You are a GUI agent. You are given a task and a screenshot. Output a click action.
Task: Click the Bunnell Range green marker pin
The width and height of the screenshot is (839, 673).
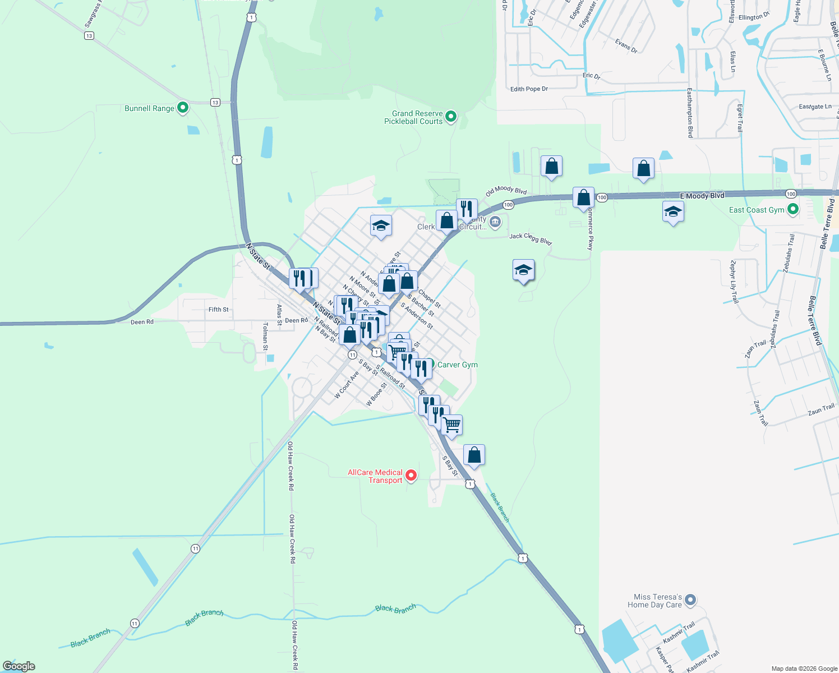[x=182, y=108]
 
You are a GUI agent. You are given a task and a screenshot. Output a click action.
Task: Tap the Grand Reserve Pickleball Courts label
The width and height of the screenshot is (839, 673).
[x=413, y=117]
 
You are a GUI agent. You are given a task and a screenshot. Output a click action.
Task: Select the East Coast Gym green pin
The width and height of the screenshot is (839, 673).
[x=792, y=210]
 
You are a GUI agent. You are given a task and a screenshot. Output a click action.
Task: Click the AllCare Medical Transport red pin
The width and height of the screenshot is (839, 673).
[x=411, y=476]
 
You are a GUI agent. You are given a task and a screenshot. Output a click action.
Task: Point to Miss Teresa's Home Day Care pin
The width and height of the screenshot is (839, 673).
[x=690, y=600]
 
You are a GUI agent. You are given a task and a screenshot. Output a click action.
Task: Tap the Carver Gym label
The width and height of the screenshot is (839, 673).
[x=457, y=365]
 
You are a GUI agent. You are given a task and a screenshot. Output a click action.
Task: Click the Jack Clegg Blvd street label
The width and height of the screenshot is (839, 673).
[x=531, y=238]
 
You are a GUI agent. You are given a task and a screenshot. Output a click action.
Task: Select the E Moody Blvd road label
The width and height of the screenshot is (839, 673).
[x=702, y=196]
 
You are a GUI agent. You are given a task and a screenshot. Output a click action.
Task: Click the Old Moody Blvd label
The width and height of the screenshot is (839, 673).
[x=506, y=191]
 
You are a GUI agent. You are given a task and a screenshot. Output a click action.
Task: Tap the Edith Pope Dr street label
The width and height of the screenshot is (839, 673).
[x=529, y=89]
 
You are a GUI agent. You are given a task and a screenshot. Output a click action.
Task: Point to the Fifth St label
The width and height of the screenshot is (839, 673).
[x=218, y=310]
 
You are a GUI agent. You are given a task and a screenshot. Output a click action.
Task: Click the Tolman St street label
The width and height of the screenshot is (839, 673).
[x=265, y=336]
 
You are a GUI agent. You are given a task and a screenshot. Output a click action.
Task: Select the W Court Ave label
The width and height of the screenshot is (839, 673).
[x=346, y=385]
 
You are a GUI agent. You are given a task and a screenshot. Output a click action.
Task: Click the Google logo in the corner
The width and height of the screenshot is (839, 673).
[x=19, y=666]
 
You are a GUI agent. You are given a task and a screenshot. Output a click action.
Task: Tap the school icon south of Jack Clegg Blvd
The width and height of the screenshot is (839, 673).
[x=523, y=271]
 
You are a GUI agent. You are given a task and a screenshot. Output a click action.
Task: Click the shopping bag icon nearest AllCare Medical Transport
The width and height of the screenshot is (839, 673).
[x=474, y=455]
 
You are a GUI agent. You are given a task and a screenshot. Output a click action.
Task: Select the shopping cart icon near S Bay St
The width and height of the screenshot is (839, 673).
[x=451, y=425]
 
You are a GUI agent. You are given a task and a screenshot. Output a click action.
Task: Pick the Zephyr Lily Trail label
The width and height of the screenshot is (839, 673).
[x=734, y=282]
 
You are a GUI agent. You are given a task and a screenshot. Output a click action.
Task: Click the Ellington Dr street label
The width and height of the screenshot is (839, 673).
[x=754, y=17]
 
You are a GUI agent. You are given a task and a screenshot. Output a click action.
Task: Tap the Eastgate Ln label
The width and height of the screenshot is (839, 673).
[x=815, y=107]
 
